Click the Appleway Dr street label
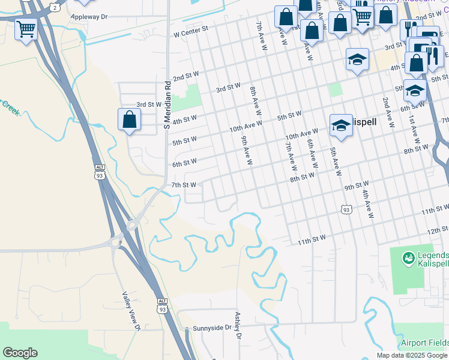[89, 16]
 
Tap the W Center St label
[191, 28]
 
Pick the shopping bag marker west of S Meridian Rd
[129, 119]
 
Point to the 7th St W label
[184, 185]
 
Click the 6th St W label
[184, 163]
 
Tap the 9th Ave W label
[246, 150]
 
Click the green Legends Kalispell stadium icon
[408, 258]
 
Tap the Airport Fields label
[424, 343]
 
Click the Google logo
[20, 353]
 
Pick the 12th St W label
[438, 230]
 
